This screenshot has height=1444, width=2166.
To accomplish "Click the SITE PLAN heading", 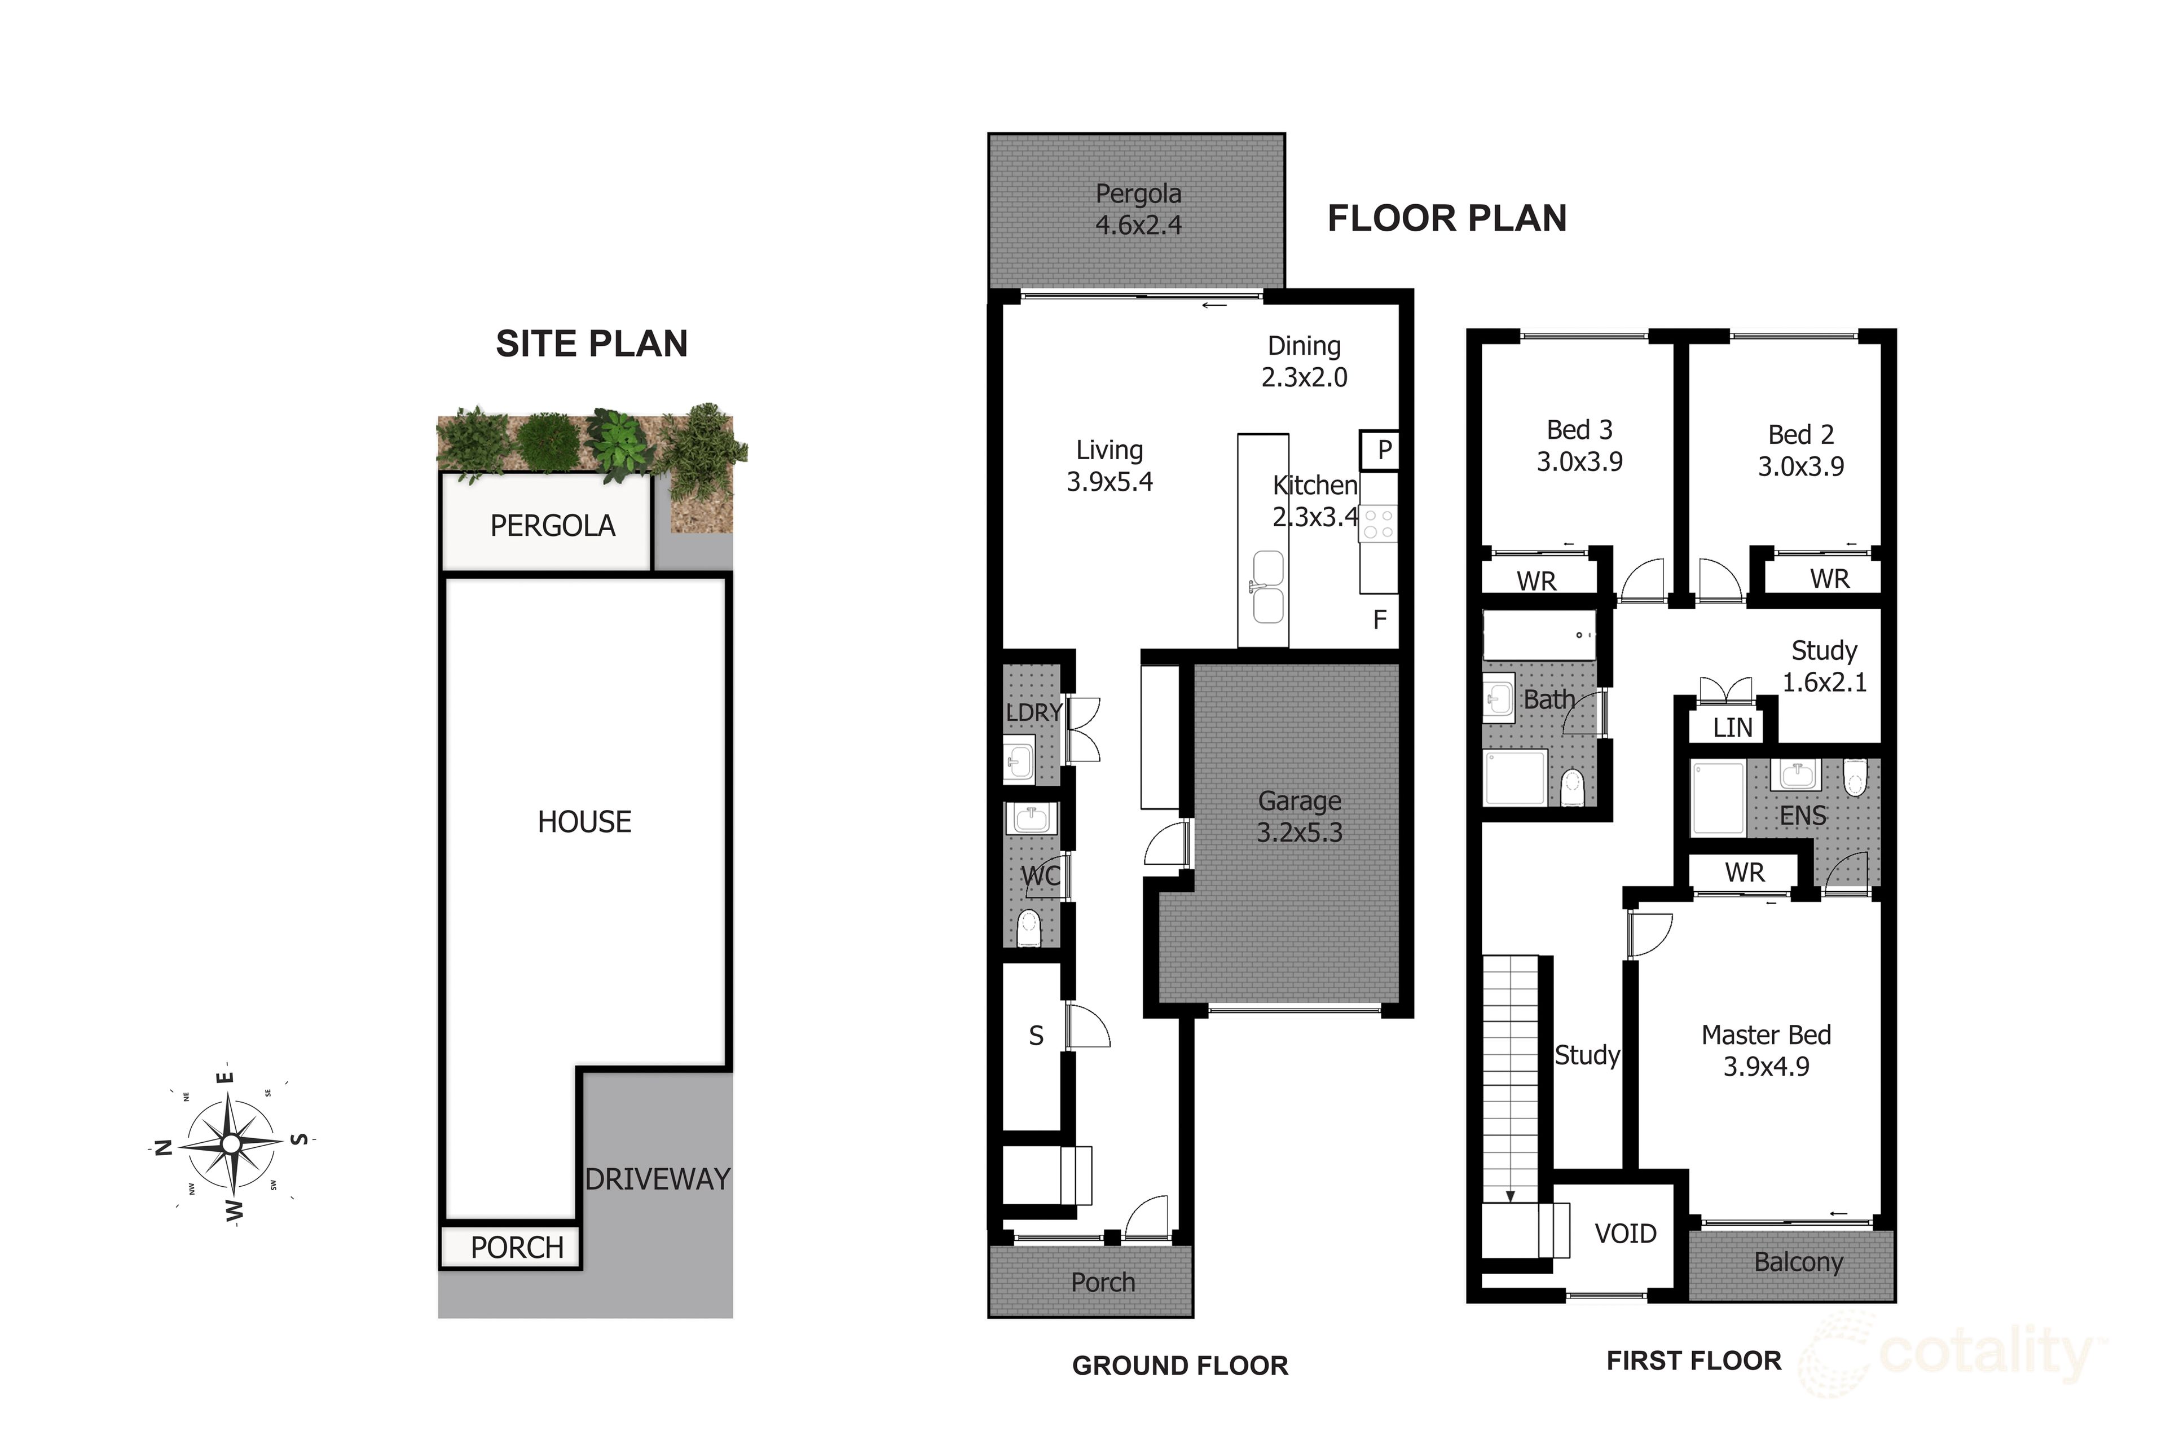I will [x=591, y=344].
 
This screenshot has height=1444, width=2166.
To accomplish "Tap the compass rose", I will [x=231, y=1143].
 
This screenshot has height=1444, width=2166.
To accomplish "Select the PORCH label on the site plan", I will [x=517, y=1247].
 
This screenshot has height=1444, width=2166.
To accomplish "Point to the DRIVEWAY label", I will [x=657, y=1179].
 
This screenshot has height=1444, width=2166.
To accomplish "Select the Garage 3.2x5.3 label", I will [x=1300, y=817].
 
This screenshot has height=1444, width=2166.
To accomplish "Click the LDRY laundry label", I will [x=1033, y=712].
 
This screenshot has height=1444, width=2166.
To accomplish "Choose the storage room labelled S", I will [x=1036, y=1036].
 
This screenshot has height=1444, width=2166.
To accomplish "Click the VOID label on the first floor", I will [x=1626, y=1233].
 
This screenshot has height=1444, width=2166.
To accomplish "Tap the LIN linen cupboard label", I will [x=1732, y=728].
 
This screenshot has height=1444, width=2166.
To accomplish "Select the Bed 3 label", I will [x=1579, y=430].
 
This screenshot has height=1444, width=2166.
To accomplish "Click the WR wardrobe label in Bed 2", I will [x=1829, y=578].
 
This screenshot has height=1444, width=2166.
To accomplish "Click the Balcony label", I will [x=1798, y=1262].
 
